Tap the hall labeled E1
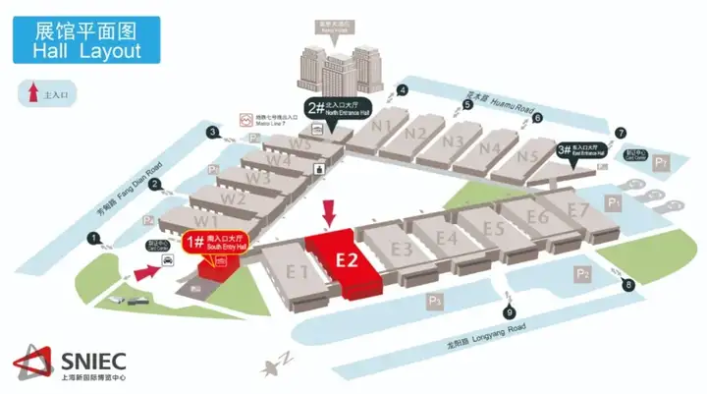294,272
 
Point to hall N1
382,127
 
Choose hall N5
528,155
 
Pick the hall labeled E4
447,237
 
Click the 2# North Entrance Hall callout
335,111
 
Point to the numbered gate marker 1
94,238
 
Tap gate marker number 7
620,133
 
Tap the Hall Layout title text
87,51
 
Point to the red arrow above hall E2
329,211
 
